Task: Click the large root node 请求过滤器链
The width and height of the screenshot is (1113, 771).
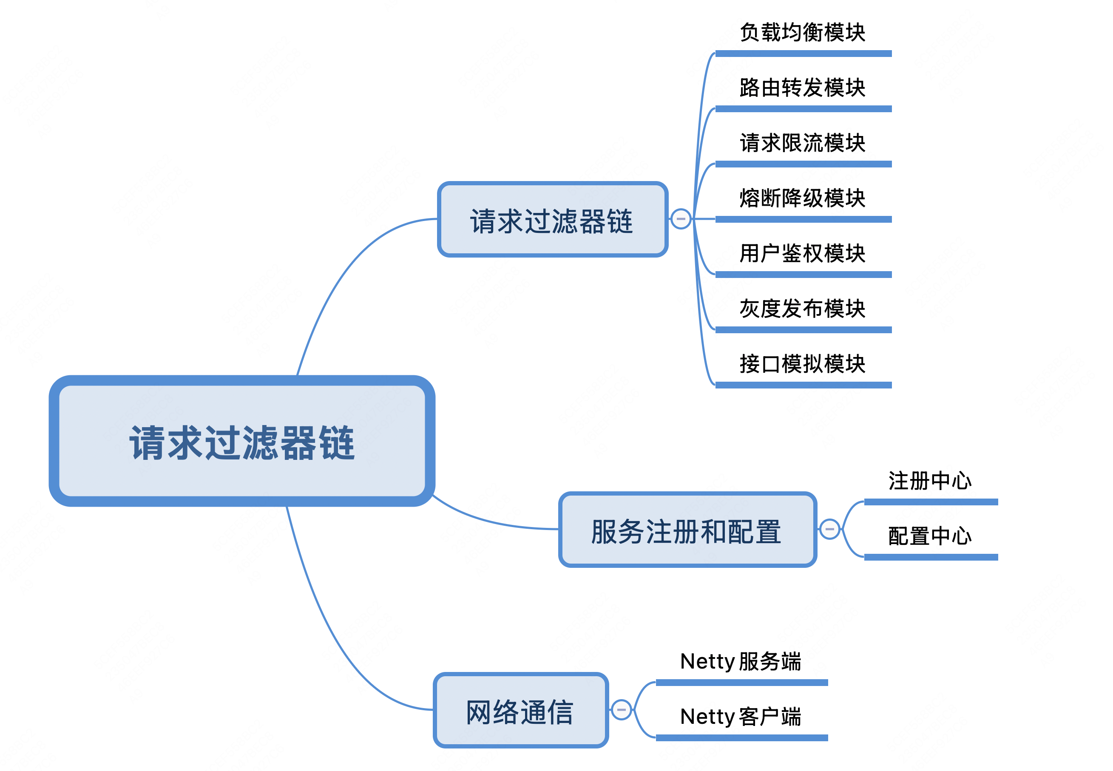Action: pos(241,441)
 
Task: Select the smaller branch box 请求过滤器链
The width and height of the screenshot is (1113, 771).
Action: pos(552,220)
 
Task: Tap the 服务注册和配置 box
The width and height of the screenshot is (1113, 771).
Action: pos(687,530)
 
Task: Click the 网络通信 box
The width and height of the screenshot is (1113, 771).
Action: pos(520,710)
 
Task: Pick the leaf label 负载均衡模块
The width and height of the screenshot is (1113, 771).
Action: pos(802,33)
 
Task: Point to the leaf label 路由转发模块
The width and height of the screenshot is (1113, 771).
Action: pos(802,88)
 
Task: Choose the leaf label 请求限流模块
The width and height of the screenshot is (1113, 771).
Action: pos(802,143)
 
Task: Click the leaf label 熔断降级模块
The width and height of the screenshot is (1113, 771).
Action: pos(802,198)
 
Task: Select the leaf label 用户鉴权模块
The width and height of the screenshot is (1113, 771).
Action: pos(802,254)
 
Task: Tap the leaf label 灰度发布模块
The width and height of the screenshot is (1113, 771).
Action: pos(802,309)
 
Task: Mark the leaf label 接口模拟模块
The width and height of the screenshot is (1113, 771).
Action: pos(802,364)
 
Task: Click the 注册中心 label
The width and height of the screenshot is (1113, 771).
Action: pos(930,481)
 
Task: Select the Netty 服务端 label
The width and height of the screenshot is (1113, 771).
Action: pos(741,661)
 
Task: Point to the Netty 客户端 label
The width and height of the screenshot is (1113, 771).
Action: pos(741,717)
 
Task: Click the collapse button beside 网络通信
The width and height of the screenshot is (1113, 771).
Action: pos(621,710)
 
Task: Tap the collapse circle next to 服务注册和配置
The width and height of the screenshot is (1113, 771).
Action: pos(829,529)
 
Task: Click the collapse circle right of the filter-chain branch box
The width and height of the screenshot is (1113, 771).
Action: pos(681,219)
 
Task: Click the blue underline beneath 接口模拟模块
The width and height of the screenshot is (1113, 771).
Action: pos(803,385)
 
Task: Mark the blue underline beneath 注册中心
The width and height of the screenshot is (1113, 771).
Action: pos(930,502)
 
